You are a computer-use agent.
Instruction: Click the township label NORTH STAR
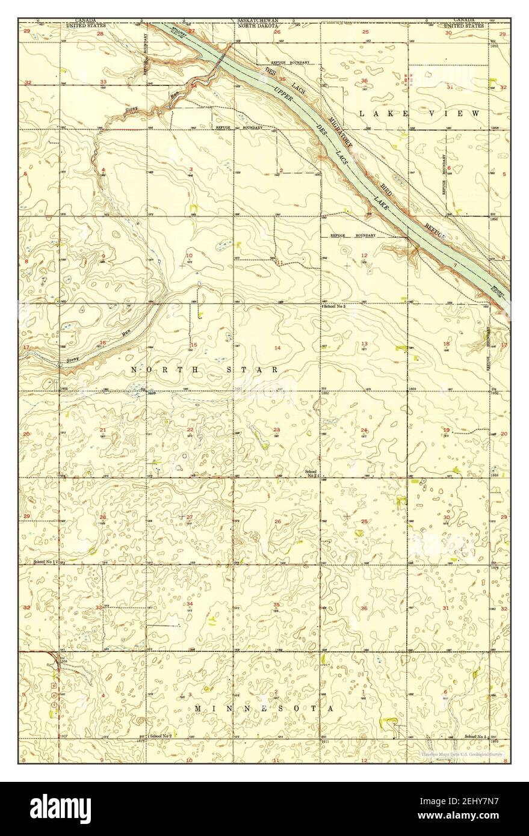click(x=204, y=370)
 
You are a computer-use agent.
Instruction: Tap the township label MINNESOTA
click(x=264, y=709)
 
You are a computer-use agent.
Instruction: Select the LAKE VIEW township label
click(x=419, y=113)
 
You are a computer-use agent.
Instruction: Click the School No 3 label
click(x=336, y=307)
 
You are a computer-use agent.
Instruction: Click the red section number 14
click(x=277, y=348)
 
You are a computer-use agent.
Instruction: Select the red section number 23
click(x=276, y=429)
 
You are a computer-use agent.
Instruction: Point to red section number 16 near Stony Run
click(x=103, y=343)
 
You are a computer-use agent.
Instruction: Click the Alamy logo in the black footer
click(x=60, y=808)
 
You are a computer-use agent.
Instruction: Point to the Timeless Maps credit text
click(x=462, y=754)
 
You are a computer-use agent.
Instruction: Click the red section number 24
click(x=364, y=430)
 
